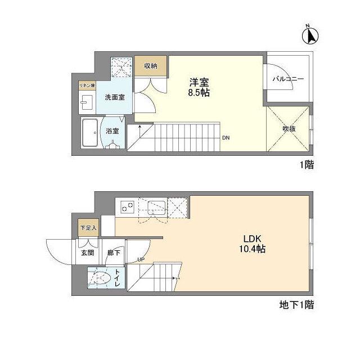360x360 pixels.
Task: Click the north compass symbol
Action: click(x=309, y=35)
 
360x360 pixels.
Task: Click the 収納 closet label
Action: click(x=150, y=66)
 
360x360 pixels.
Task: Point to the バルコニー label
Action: click(x=289, y=79)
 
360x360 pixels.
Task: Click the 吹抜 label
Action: click(x=289, y=129)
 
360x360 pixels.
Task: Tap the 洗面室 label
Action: click(x=115, y=97)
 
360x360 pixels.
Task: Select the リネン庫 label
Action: click(x=86, y=85)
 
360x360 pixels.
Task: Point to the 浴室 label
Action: click(x=112, y=131)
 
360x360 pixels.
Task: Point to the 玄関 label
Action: click(x=87, y=253)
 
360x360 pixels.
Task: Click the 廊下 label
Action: click(x=114, y=253)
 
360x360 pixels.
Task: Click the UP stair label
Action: click(x=141, y=259)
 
